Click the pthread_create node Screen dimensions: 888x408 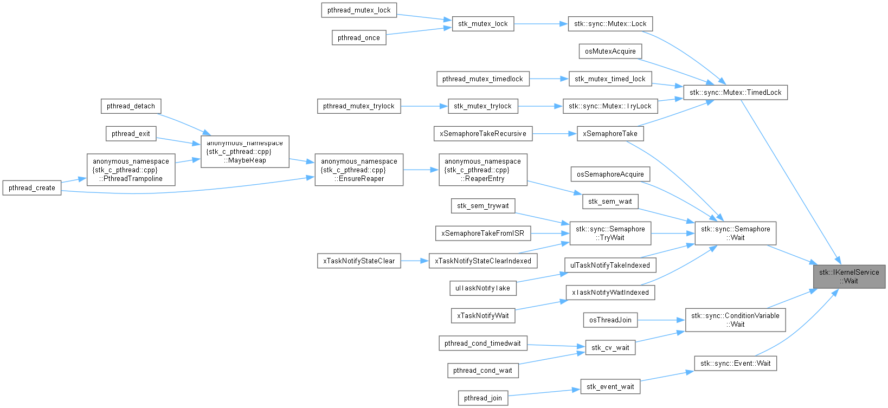tap(31, 188)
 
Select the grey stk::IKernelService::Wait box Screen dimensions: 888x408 tap(849, 276)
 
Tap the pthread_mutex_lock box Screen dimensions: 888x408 tap(359, 10)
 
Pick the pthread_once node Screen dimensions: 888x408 tap(359, 37)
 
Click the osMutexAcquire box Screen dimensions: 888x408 tap(610, 51)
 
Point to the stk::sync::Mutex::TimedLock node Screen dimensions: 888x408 tap(735, 92)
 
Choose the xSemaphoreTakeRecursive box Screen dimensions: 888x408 tap(483, 133)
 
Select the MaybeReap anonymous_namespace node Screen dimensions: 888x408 tap(245, 152)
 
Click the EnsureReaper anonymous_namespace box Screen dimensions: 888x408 tap(359, 170)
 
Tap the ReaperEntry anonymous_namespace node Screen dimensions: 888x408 tap(483, 170)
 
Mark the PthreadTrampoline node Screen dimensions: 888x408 tap(131, 170)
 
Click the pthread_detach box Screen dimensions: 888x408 tap(131, 106)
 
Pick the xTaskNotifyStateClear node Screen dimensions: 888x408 tap(359, 261)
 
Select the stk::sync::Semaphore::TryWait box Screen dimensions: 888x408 tap(610, 234)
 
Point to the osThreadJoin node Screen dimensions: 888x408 tap(610, 320)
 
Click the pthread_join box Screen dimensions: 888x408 tap(483, 398)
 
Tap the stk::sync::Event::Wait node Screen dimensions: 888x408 tap(735, 363)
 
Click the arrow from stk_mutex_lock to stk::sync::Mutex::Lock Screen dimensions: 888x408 tap(540, 24)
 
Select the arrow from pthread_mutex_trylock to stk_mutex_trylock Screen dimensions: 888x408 tap(424, 106)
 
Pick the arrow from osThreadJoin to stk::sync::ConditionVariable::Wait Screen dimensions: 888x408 tap(661, 320)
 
